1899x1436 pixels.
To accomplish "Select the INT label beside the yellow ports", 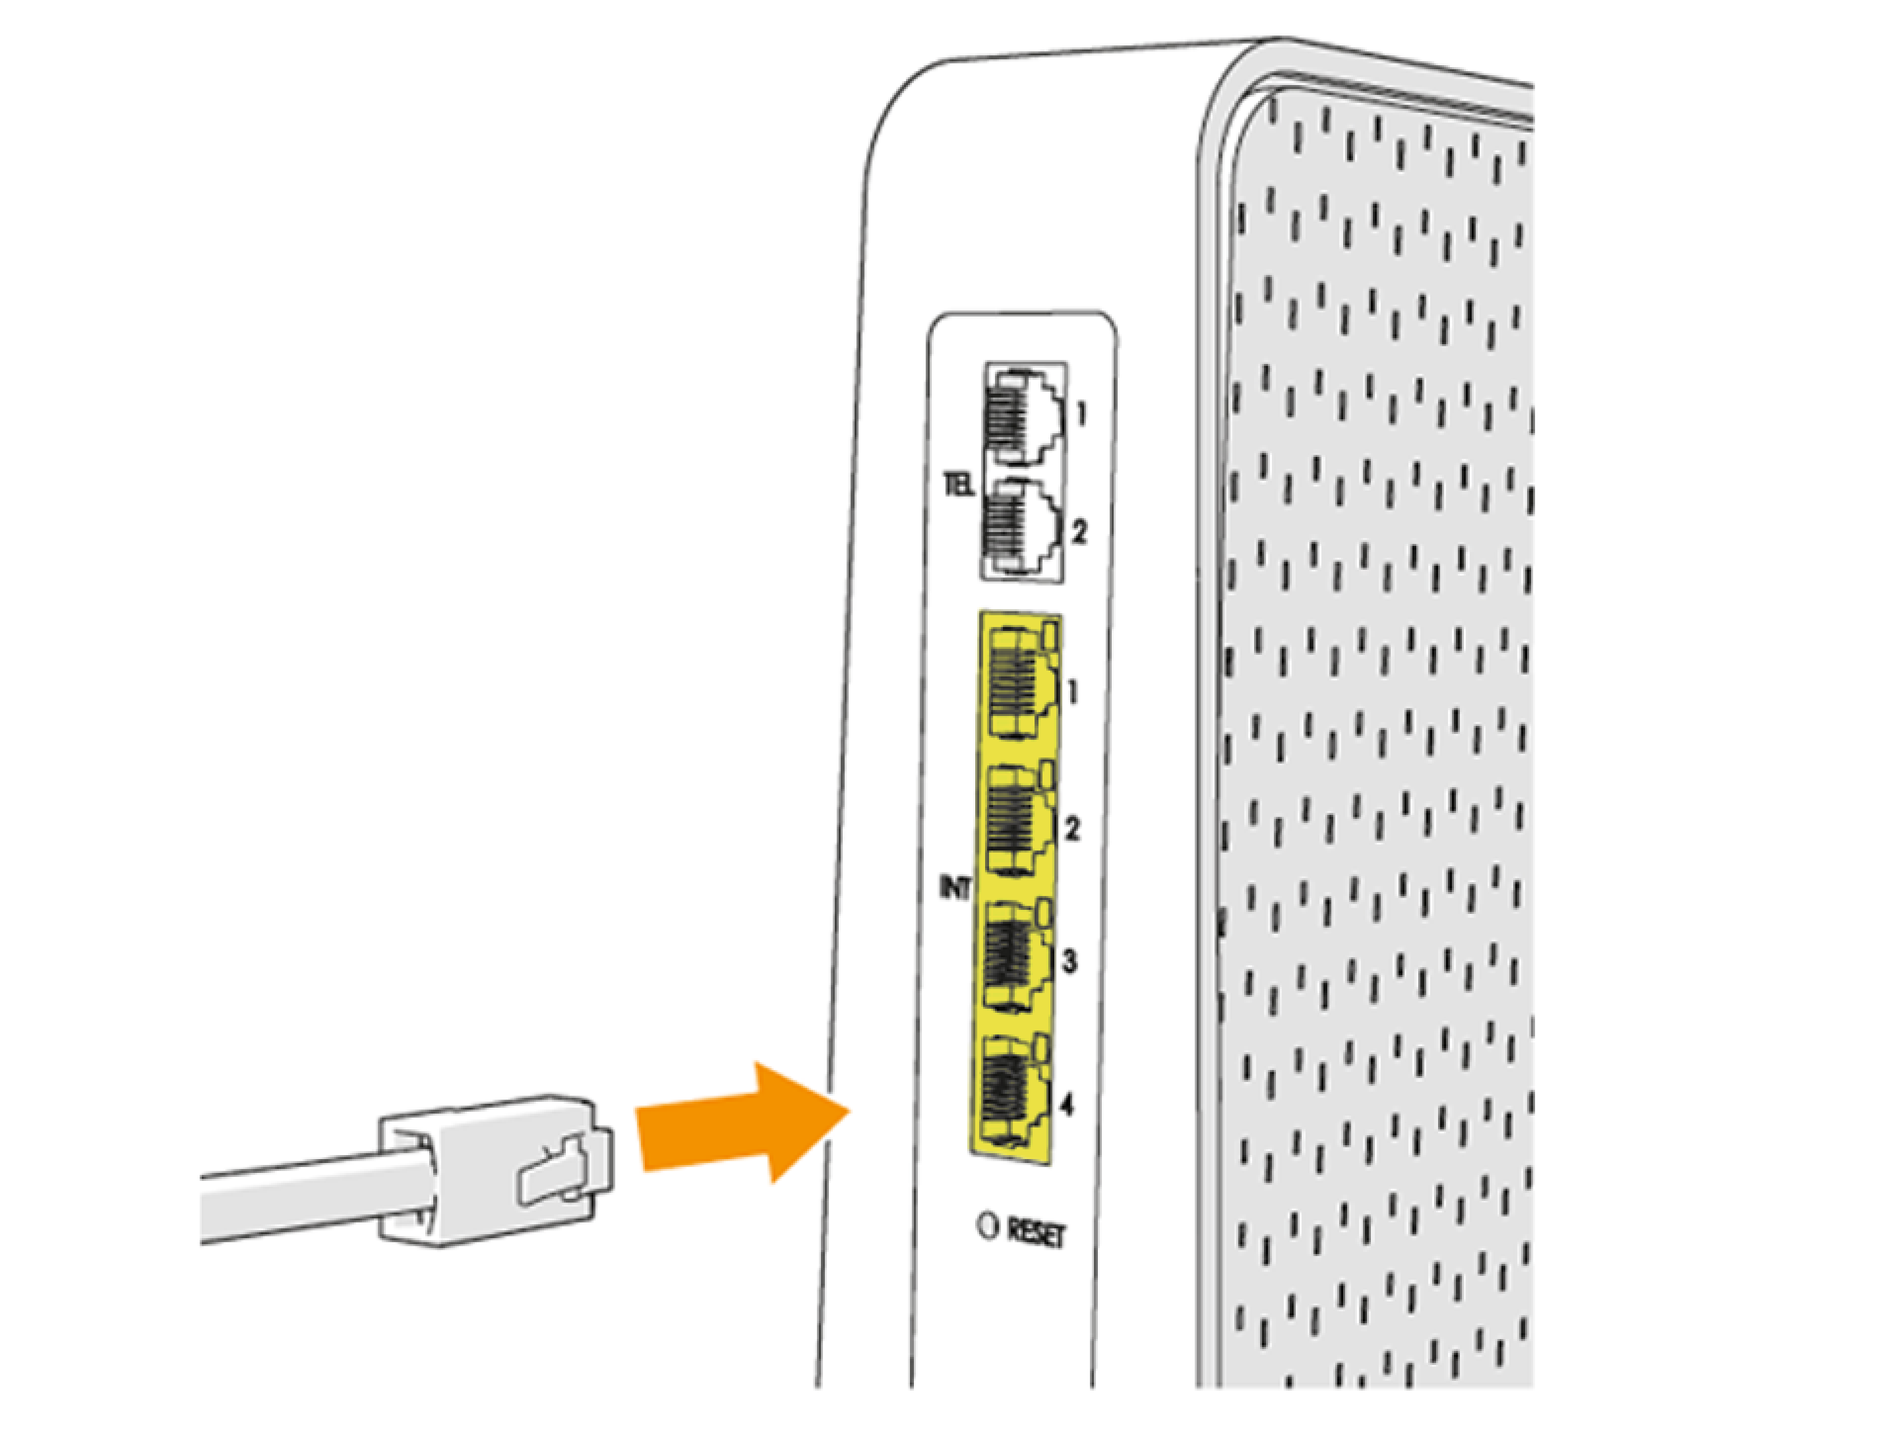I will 954,889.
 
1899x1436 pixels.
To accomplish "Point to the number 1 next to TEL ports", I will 1081,414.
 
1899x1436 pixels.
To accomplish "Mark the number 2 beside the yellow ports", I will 1072,829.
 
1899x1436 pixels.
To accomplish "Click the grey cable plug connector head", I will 481,1171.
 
